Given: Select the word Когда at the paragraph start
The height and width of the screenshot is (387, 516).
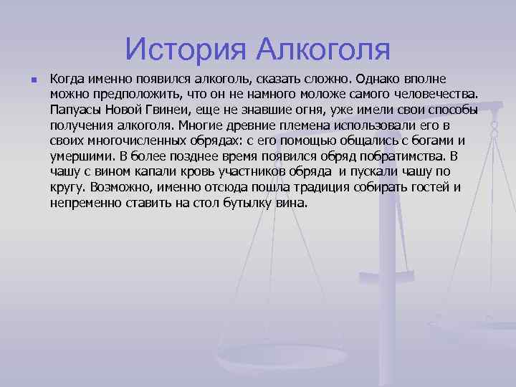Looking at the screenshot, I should [x=69, y=77].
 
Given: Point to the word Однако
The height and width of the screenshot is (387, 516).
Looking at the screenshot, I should [x=396, y=77].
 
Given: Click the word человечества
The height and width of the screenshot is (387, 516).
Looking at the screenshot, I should [x=439, y=93].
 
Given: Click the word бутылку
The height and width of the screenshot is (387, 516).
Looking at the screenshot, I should [x=244, y=203].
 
